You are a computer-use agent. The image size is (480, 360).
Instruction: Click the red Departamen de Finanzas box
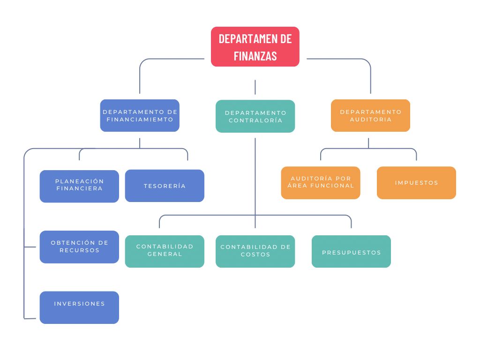pyautogui.click(x=255, y=46)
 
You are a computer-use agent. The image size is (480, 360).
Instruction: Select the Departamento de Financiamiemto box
pyautogui.click(x=140, y=115)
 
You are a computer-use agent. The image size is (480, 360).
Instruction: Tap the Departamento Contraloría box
pyautogui.click(x=255, y=116)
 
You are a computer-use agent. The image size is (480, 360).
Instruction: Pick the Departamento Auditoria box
pyautogui.click(x=370, y=115)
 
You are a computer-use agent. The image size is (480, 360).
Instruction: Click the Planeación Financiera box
pyautogui.click(x=79, y=186)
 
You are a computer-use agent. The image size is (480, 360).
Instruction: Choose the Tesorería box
pyautogui.click(x=165, y=186)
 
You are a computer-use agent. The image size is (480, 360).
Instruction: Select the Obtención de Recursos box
pyautogui.click(x=79, y=247)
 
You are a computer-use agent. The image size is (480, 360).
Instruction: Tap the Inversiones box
pyautogui.click(x=79, y=307)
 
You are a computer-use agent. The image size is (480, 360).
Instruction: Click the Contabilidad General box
pyautogui.click(x=165, y=251)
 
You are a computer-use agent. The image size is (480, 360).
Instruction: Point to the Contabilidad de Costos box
pyautogui.click(x=255, y=251)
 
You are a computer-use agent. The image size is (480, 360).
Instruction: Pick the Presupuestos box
pyautogui.click(x=351, y=251)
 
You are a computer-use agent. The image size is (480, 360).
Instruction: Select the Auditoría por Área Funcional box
pyautogui.click(x=321, y=183)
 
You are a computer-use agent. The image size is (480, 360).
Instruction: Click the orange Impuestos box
pyautogui.click(x=416, y=183)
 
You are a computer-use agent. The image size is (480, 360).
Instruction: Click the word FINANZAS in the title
pyautogui.click(x=255, y=56)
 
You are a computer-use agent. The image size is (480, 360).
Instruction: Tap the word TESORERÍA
pyautogui.click(x=165, y=186)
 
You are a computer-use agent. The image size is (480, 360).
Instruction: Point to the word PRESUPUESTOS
pyautogui.click(x=351, y=253)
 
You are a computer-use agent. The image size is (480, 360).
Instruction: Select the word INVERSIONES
pyautogui.click(x=79, y=304)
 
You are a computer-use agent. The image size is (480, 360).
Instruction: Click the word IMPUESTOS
pyautogui.click(x=416, y=183)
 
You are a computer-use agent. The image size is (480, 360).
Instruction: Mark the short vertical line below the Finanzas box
pyautogui.click(x=255, y=87)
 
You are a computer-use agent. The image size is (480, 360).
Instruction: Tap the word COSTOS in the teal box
pyautogui.click(x=255, y=255)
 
